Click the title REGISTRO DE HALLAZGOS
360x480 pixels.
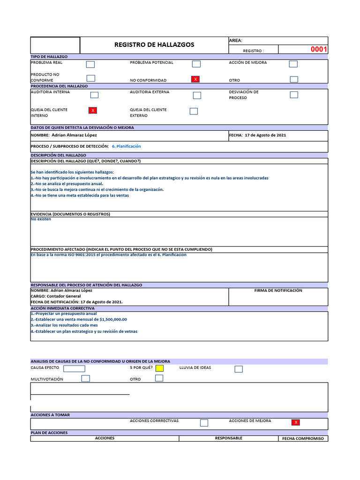pyautogui.click(x=154, y=45)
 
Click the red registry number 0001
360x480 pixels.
pyautogui.click(x=319, y=50)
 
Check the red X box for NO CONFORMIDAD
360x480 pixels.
pyautogui.click(x=196, y=80)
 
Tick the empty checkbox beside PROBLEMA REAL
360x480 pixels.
pyautogui.click(x=90, y=64)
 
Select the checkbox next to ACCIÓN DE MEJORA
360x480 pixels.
pyautogui.click(x=293, y=64)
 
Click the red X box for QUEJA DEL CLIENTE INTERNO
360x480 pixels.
pyautogui.click(x=93, y=111)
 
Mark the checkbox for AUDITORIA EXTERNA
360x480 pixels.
pyautogui.click(x=197, y=95)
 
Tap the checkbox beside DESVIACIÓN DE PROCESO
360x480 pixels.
pyautogui.click(x=294, y=95)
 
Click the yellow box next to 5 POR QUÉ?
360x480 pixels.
pyautogui.click(x=159, y=368)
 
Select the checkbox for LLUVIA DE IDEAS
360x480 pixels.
pyautogui.click(x=239, y=369)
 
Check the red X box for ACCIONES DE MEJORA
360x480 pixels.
pyautogui.click(x=295, y=422)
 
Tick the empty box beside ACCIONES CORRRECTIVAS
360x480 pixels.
pyautogui.click(x=204, y=422)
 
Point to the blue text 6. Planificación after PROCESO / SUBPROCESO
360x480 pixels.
pyautogui.click(x=126, y=146)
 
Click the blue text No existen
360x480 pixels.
pyautogui.click(x=41, y=219)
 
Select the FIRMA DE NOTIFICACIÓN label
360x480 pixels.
pyautogui.click(x=278, y=291)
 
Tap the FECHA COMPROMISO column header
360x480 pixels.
pyautogui.click(x=303, y=439)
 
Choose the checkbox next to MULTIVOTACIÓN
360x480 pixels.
pyautogui.click(x=85, y=379)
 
